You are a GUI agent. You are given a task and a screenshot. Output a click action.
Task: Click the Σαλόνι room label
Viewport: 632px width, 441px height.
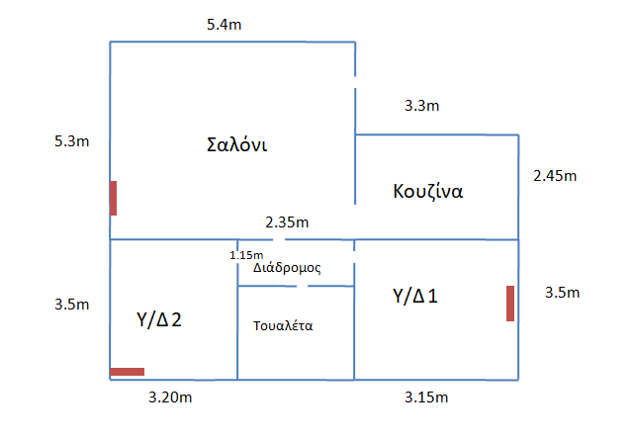[x=237, y=144]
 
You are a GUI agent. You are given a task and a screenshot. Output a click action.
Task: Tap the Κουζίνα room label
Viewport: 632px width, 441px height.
[x=427, y=191]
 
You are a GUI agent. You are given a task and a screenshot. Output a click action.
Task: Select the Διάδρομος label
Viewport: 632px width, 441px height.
[x=287, y=267]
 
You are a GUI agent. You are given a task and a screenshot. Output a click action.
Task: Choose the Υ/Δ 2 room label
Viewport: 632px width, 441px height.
[x=157, y=319]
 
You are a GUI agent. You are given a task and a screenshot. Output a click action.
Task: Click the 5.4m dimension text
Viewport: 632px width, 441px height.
[x=225, y=23]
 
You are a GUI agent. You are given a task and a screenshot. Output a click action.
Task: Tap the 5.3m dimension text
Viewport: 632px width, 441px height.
[x=71, y=141]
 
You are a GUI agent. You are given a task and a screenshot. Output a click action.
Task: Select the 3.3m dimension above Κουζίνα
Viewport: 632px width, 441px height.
[x=422, y=104]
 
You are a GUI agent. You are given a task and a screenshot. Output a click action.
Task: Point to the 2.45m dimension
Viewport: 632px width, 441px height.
[x=554, y=176]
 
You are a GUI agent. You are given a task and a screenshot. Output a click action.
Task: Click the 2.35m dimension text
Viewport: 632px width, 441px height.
[x=287, y=220]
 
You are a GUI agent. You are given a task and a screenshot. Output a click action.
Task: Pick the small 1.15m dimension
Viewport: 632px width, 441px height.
[x=245, y=254]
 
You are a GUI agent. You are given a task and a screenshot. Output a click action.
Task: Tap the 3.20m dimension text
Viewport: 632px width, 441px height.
[x=169, y=397]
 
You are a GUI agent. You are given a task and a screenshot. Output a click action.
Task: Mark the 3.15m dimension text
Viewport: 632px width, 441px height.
[x=428, y=397]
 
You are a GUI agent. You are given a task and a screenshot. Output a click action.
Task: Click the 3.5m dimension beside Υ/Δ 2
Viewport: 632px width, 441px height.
[x=71, y=305]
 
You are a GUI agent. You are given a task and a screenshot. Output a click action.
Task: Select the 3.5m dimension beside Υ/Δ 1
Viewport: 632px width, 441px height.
[x=562, y=293]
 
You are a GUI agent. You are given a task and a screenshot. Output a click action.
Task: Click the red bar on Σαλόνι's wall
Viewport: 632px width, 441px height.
[x=114, y=198]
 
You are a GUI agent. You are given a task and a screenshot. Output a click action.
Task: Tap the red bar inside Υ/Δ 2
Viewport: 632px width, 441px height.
[x=127, y=372]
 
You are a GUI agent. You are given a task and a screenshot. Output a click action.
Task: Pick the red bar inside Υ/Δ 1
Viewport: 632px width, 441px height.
[x=510, y=303]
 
